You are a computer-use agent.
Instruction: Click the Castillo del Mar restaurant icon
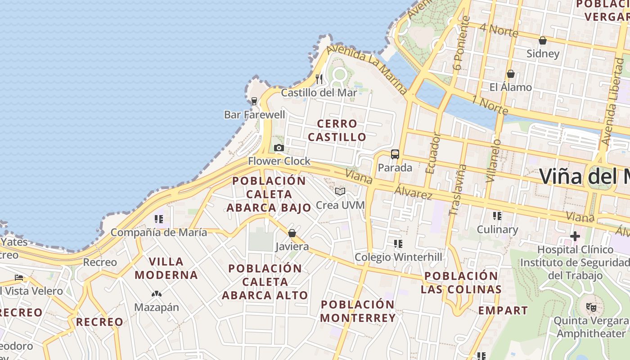point(319,79)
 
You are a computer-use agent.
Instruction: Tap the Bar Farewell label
point(255,115)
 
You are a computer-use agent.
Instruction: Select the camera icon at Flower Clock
point(279,148)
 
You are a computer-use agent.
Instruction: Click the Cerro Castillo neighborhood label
point(337,130)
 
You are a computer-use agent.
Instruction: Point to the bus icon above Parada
point(395,154)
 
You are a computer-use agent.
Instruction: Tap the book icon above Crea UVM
point(340,192)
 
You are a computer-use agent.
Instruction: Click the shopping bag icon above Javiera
point(292,233)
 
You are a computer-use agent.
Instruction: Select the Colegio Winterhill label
point(398,257)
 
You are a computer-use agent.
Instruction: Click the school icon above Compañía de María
point(158,219)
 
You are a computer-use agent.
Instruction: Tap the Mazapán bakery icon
point(156,294)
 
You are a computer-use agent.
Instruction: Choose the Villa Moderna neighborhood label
point(166,268)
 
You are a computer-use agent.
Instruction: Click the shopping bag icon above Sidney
point(543,40)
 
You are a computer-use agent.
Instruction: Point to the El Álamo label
point(511,87)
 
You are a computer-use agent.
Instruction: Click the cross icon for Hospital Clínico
point(575,236)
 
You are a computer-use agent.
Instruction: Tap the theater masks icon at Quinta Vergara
point(591,307)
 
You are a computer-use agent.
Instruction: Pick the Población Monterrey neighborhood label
point(358,311)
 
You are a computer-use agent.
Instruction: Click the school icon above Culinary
point(497,216)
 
